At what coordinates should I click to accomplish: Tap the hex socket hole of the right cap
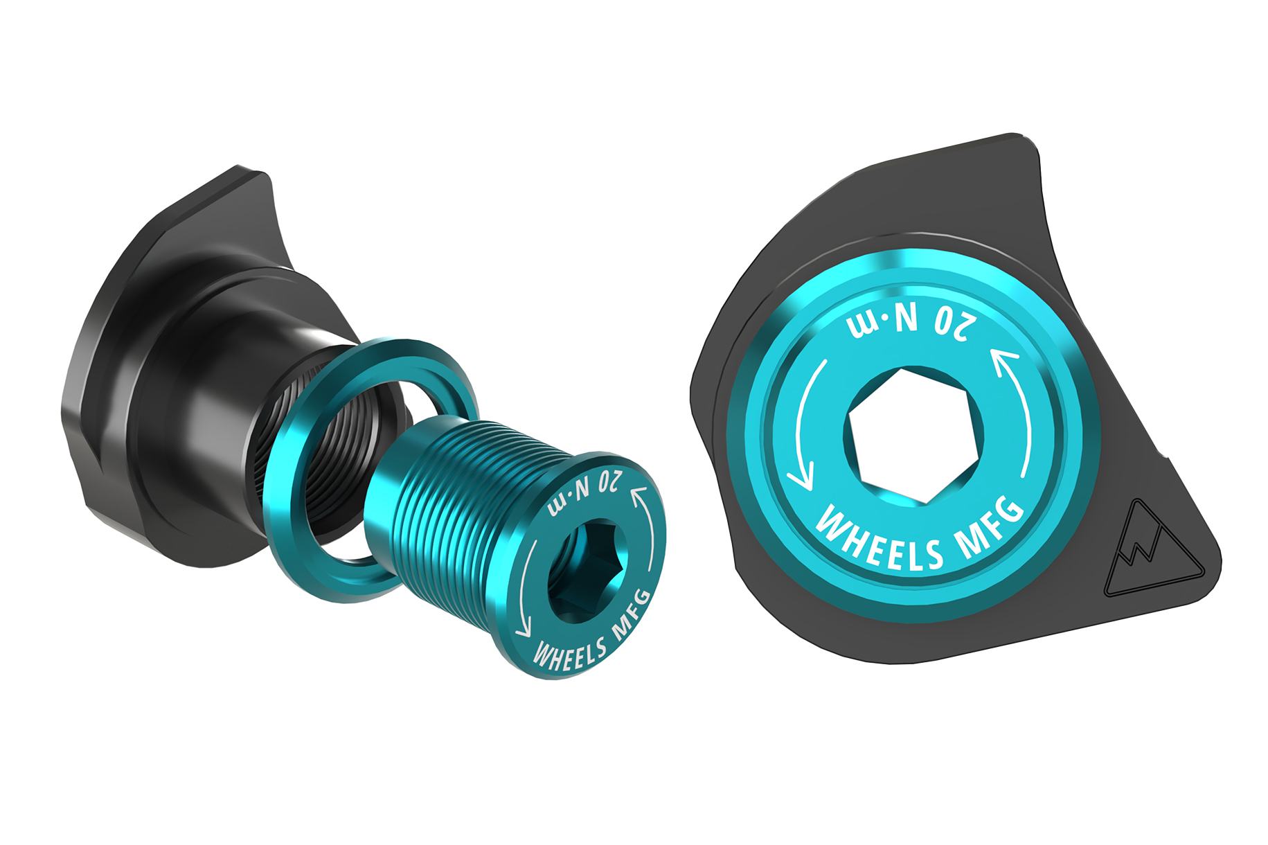[x=914, y=435]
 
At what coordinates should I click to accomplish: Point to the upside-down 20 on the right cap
[x=956, y=324]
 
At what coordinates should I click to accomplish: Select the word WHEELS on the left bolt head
[x=569, y=653]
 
